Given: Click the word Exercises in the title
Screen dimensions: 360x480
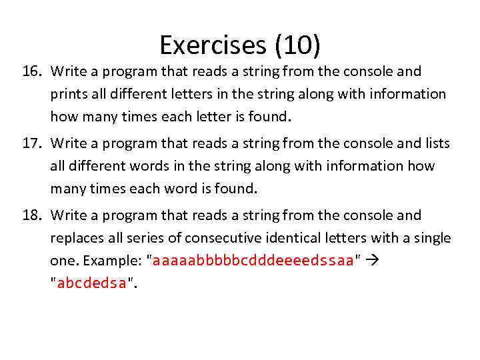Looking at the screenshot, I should (212, 45).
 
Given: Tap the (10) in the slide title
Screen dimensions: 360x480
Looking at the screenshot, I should (295, 45).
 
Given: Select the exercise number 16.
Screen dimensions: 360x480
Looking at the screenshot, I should (31, 71).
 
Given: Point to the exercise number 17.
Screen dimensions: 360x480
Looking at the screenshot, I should (31, 143).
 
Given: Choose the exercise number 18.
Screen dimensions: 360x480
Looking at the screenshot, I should (31, 215).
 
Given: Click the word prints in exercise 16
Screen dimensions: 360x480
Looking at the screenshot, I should (68, 95).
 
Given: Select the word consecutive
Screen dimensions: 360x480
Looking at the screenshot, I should (227, 239).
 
